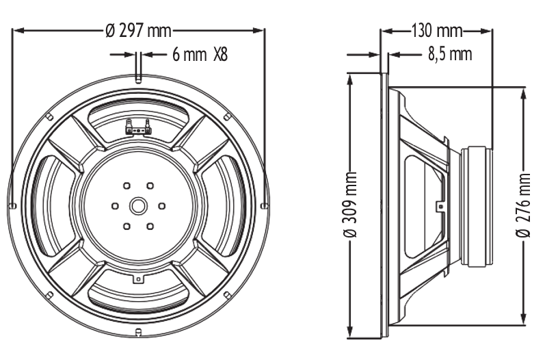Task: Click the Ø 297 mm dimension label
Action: coord(138,31)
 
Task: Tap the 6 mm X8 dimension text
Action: coord(200,55)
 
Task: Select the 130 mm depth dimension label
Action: coord(437,31)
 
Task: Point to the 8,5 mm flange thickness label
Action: coord(450,55)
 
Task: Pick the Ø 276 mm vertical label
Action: coord(523,205)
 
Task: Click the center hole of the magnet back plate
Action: coord(138,206)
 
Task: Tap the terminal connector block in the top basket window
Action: coord(138,127)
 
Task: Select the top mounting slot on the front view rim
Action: coord(138,80)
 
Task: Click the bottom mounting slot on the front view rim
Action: coord(138,331)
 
